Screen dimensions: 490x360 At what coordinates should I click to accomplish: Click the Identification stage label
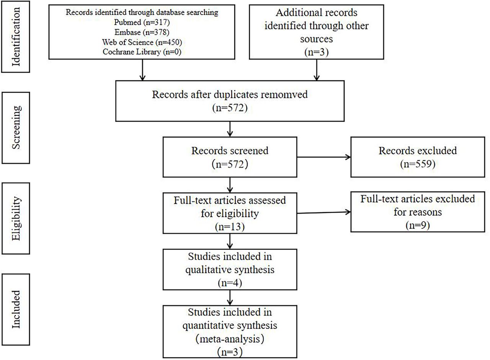[x=16, y=37]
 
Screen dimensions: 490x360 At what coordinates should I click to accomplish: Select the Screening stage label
[x=16, y=128]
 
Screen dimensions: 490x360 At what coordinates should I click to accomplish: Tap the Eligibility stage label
[x=16, y=218]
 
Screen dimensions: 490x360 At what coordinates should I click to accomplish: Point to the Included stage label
[x=16, y=309]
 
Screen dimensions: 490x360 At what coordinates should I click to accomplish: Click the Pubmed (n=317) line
[x=142, y=22]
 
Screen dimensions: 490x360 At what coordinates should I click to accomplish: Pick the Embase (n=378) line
[x=142, y=32]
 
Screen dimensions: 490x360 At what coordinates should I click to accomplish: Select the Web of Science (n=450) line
[x=142, y=42]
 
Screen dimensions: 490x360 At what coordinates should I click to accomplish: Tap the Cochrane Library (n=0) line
[x=142, y=52]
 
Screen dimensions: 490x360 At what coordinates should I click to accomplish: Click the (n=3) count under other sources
[x=316, y=52]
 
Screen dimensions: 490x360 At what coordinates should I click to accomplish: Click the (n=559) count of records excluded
[x=418, y=164]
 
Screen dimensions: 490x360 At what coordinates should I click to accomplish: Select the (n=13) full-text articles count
[x=230, y=227]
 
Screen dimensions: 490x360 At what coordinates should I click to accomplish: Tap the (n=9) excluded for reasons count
[x=418, y=226]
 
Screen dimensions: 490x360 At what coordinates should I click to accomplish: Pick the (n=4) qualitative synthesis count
[x=230, y=283]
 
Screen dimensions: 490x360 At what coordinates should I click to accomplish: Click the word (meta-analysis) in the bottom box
[x=230, y=339]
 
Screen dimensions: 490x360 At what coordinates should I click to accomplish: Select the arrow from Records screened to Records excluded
[x=323, y=157]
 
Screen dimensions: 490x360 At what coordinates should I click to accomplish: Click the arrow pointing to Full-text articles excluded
[x=323, y=213]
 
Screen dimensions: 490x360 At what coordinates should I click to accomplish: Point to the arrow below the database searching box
[x=142, y=70]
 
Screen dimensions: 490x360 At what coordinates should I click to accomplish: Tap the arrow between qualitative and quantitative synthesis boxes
[x=230, y=298]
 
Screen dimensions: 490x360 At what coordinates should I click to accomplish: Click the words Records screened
[x=230, y=151]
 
